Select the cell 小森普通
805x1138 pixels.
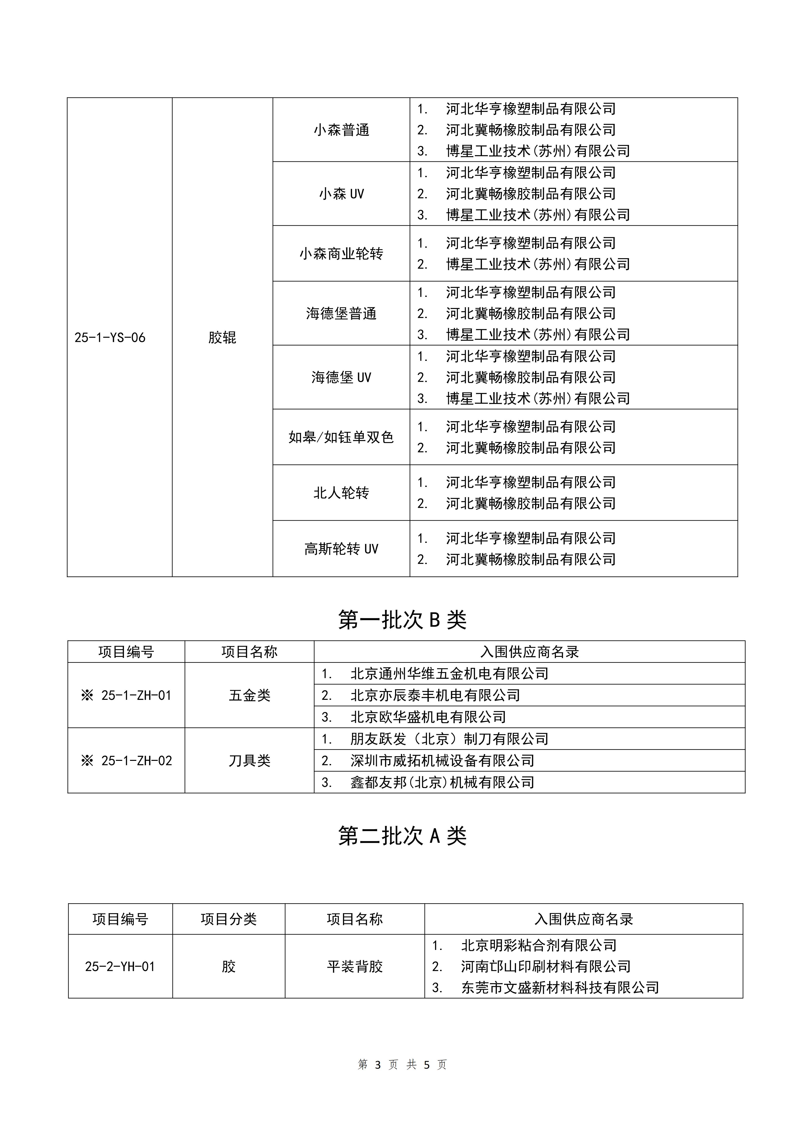pos(341,130)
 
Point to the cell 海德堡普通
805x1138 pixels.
pos(341,313)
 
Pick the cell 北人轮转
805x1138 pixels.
pos(341,493)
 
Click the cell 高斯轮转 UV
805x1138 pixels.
pos(341,549)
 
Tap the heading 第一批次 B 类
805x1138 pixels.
pos(402,619)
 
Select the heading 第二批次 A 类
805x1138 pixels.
pos(402,836)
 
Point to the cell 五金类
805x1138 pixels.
pos(250,695)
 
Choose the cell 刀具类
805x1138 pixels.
pos(250,761)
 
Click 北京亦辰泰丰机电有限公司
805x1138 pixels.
pos(435,695)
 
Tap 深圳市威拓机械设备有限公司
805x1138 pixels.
pos(442,761)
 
